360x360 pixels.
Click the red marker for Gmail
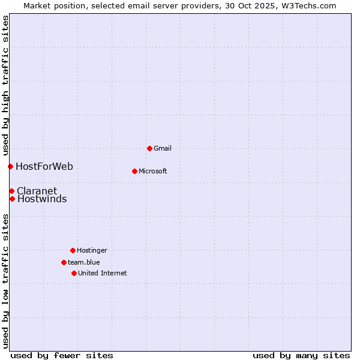click(149, 148)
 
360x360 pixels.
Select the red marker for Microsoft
click(134, 171)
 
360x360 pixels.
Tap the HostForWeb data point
click(10, 166)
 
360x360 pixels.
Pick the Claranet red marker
click(11, 191)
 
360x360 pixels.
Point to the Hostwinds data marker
click(12, 199)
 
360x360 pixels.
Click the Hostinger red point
click(73, 250)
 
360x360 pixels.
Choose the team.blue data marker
click(64, 262)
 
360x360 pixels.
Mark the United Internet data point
click(74, 273)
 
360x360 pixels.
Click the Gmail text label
click(163, 148)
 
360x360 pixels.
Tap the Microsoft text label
click(152, 171)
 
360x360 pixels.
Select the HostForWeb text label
click(44, 166)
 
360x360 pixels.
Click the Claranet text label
click(37, 191)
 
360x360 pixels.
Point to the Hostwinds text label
click(42, 199)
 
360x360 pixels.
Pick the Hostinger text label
click(92, 250)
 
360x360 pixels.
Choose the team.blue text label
click(83, 262)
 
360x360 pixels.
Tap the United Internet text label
click(102, 273)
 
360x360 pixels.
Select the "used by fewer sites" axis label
click(62, 355)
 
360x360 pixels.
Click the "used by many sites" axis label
click(301, 355)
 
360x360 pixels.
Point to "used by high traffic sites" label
click(5, 84)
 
